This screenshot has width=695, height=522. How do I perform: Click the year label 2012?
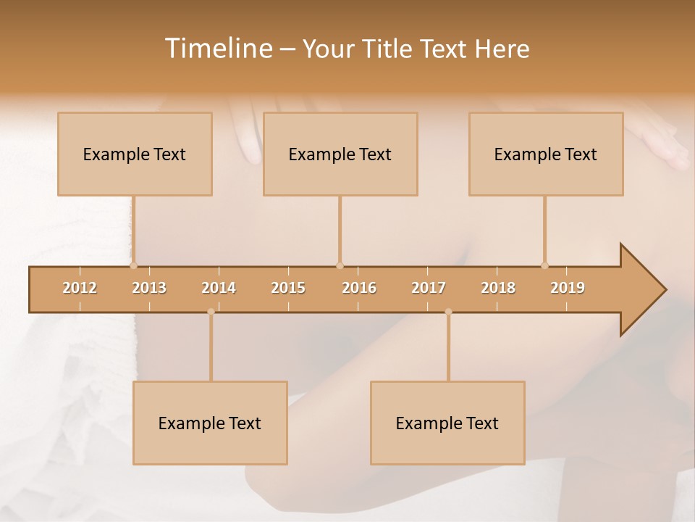click(x=80, y=288)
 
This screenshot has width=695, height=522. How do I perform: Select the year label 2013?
click(x=149, y=288)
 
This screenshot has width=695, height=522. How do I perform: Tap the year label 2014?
click(x=219, y=288)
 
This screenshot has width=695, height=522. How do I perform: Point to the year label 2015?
click(x=288, y=288)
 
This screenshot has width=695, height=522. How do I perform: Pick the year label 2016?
click(x=359, y=288)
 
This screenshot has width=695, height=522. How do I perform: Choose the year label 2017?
click(x=429, y=288)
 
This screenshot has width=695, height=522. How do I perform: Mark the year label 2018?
click(x=498, y=288)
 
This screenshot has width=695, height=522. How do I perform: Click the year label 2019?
click(x=568, y=288)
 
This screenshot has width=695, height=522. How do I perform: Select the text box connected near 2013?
click(x=135, y=154)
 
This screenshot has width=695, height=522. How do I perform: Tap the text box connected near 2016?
click(x=340, y=154)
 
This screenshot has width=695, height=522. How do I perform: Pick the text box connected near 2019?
click(x=546, y=154)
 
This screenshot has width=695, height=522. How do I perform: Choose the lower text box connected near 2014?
click(x=210, y=423)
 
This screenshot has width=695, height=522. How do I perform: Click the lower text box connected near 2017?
click(x=447, y=423)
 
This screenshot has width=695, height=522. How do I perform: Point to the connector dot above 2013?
click(x=133, y=265)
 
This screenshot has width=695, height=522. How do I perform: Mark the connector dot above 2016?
click(x=340, y=265)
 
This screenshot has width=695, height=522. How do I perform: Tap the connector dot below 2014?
click(x=211, y=312)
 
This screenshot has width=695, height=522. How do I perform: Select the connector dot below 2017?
click(x=448, y=312)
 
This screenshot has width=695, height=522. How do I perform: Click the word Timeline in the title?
click(x=218, y=49)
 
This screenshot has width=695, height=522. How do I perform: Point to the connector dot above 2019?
click(x=544, y=265)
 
